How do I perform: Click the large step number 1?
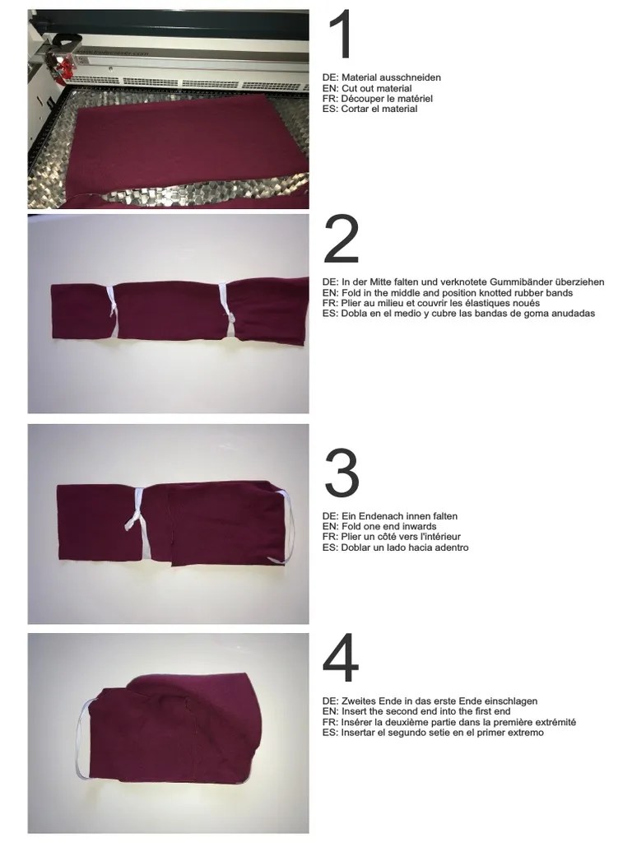[x=341, y=37]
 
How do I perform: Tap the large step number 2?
[x=342, y=240]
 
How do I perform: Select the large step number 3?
[x=342, y=473]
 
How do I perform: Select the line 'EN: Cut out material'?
[x=367, y=88]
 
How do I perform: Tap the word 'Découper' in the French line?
[x=360, y=99]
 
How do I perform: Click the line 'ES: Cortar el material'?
[x=369, y=109]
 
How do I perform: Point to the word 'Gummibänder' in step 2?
[x=509, y=282]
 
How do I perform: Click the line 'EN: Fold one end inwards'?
[x=379, y=527]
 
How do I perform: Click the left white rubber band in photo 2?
[x=114, y=311]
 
